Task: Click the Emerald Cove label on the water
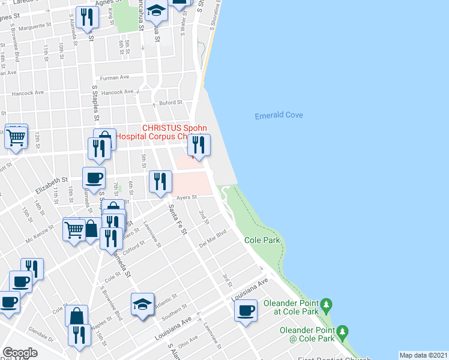279,115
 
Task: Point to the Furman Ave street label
115,77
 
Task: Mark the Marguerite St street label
36,26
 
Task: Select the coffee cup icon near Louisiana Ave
246,311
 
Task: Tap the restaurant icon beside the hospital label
199,145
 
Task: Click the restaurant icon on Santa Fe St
160,181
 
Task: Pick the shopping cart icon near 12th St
16,137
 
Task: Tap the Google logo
20,353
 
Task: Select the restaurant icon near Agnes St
87,18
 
